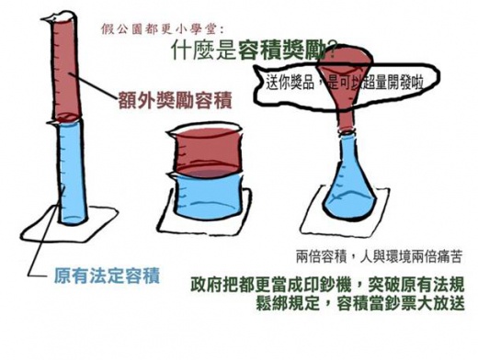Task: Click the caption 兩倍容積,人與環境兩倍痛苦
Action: point(378,253)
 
